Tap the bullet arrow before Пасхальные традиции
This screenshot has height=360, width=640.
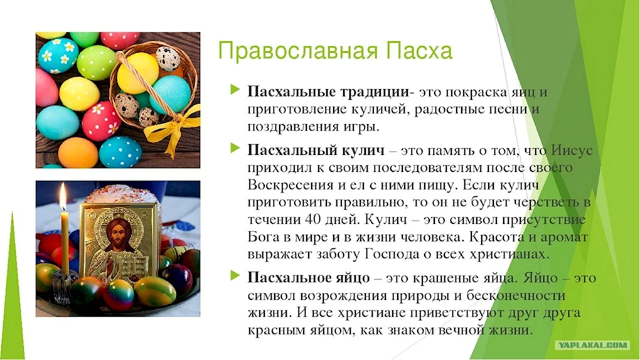235,90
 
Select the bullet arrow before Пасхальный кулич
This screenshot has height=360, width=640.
235,148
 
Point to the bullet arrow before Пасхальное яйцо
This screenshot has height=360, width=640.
235,275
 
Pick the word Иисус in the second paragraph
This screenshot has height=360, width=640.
572,150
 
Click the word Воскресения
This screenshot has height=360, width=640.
289,185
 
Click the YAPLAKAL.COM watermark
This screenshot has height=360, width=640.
593,346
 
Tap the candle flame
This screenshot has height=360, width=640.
63,196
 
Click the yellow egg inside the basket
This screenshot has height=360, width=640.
137,73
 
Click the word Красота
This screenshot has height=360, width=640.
494,236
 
